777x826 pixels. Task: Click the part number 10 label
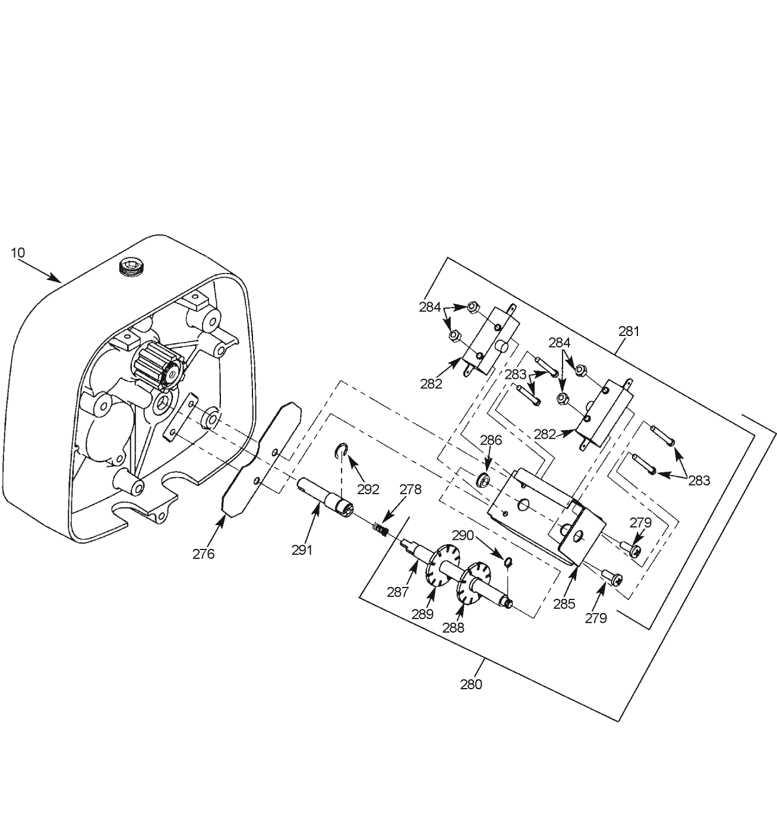tap(18, 253)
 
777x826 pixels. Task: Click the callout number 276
tap(203, 554)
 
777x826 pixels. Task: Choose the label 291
tap(302, 550)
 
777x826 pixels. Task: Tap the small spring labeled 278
tap(380, 530)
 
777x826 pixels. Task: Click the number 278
tap(410, 489)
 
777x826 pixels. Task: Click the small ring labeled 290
tap(508, 563)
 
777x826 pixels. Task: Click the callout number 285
tap(564, 604)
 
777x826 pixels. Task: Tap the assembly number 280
tap(470, 684)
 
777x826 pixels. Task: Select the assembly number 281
tap(628, 331)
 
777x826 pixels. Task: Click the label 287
tap(398, 592)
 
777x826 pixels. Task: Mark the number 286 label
tap(491, 440)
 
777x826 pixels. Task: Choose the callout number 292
tap(368, 489)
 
